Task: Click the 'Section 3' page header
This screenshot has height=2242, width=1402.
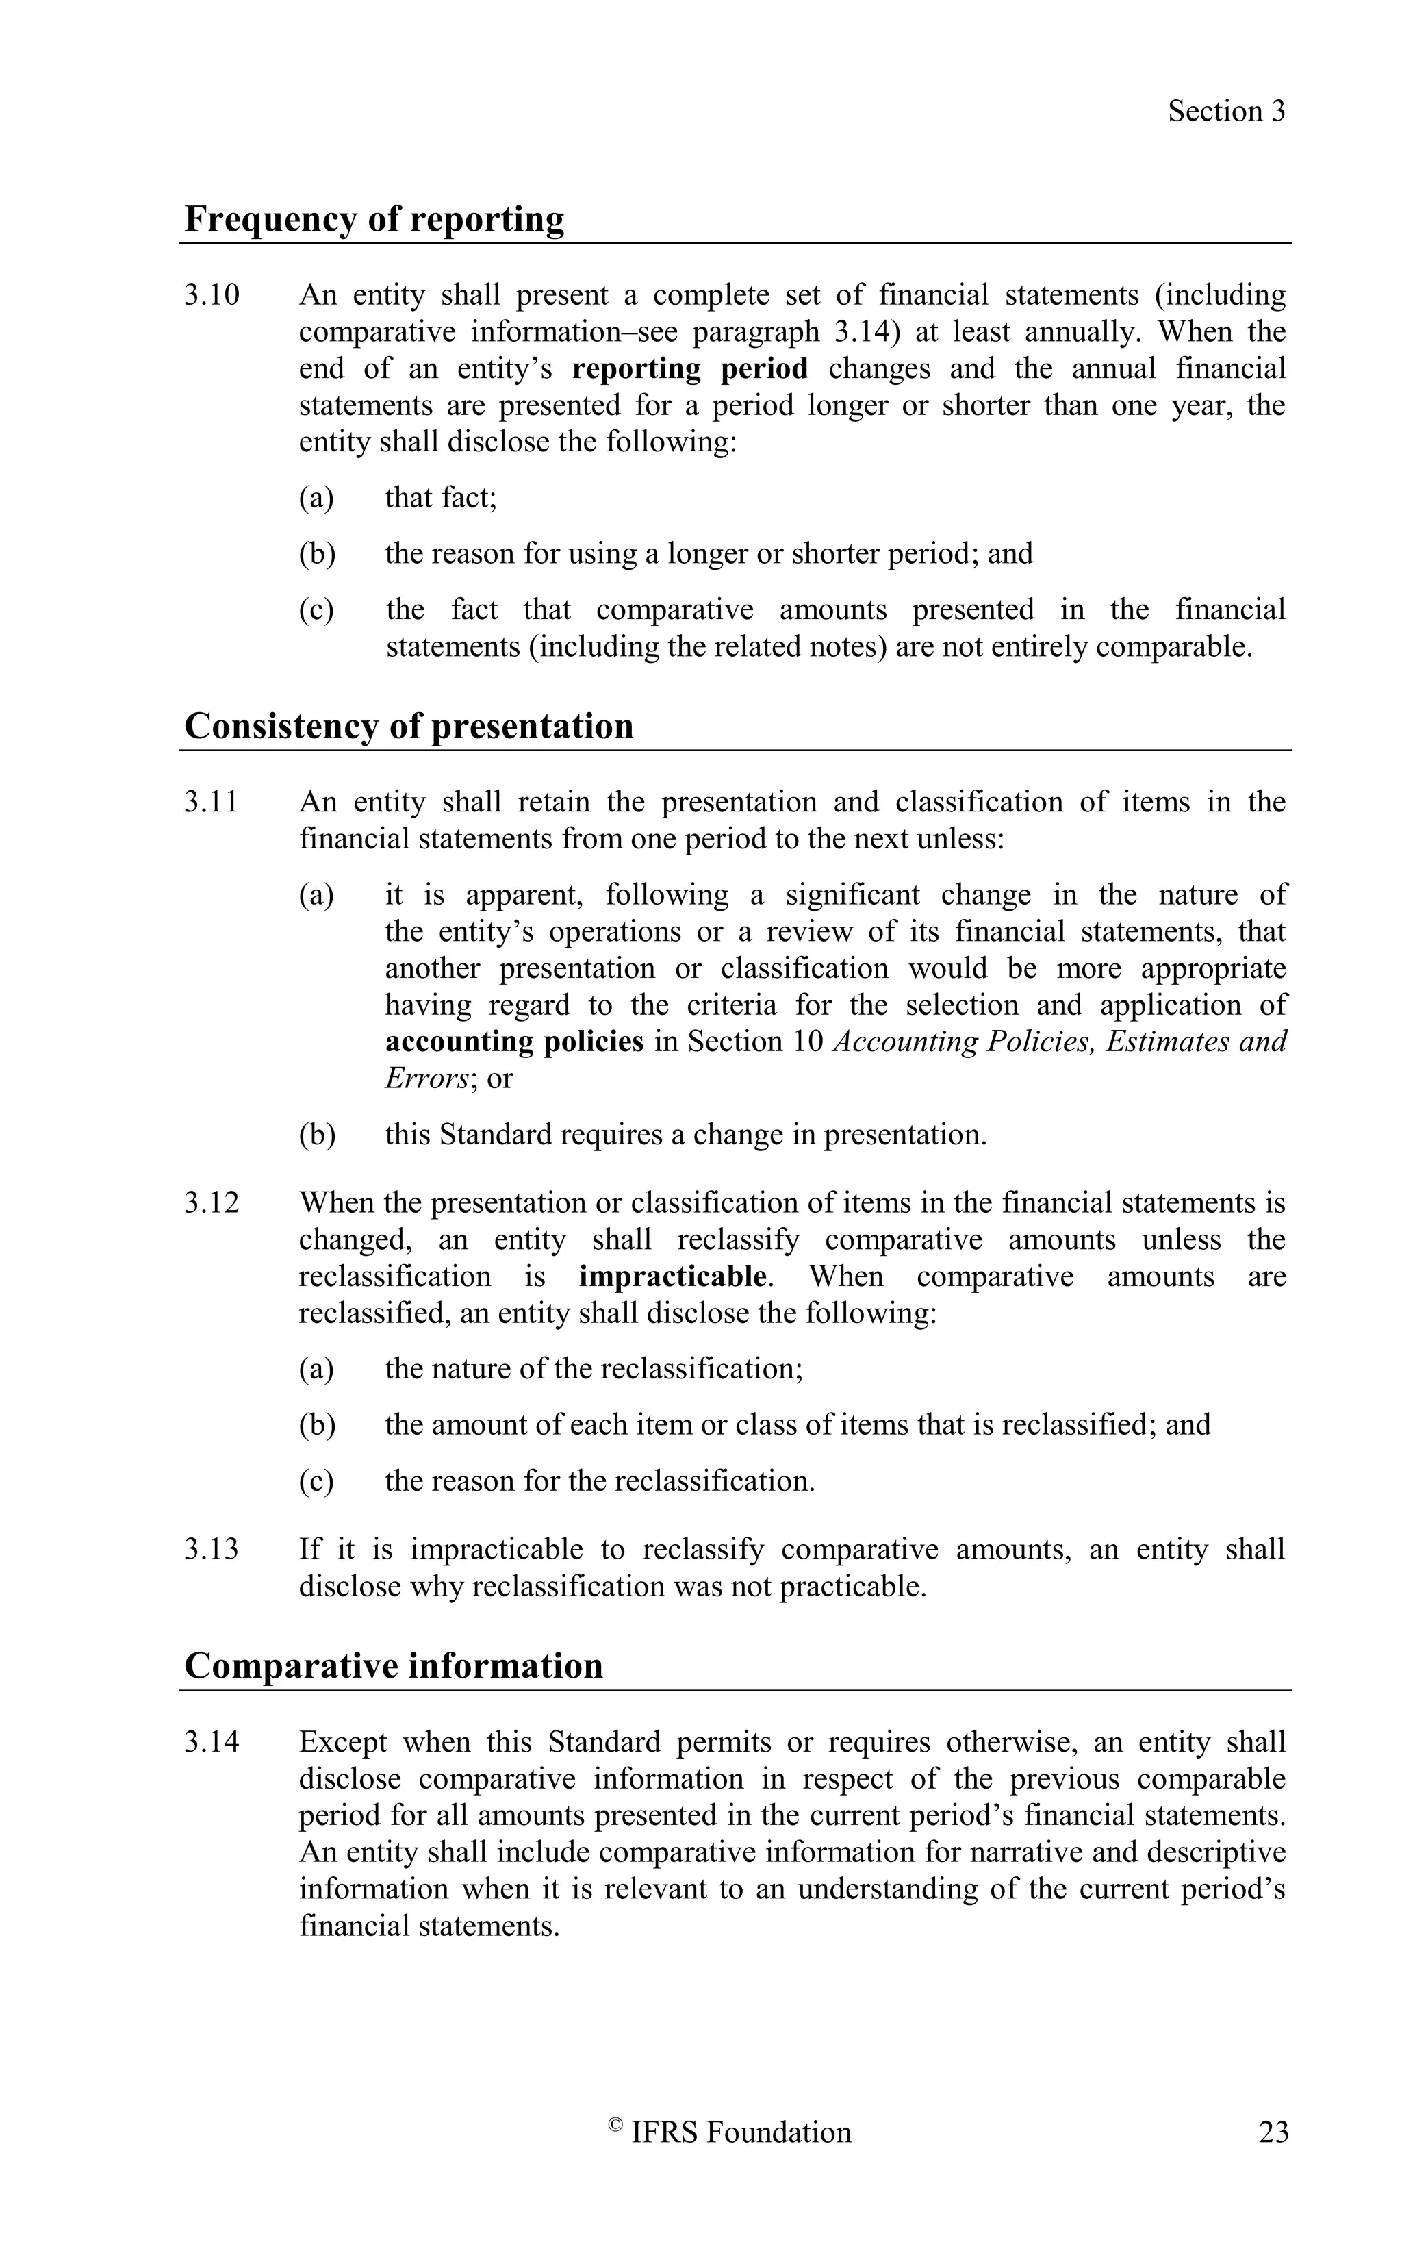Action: coord(1226,112)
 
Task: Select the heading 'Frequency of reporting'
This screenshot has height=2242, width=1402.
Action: coord(374,220)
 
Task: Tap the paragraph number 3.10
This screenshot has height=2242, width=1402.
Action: coord(212,295)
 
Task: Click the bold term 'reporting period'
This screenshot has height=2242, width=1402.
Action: coord(690,368)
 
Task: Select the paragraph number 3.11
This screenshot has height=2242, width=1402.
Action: coord(212,801)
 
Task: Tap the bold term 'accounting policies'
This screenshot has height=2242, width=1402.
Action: coord(513,1042)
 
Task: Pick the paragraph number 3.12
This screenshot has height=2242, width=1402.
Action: coord(212,1203)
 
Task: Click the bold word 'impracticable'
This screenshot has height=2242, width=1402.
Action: coord(672,1276)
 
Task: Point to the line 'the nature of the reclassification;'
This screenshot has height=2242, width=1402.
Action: coord(594,1369)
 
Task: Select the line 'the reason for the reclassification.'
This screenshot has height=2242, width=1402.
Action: coord(600,1481)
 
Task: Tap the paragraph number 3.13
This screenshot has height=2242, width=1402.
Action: coord(212,1549)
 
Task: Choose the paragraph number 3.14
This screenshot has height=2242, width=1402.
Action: coord(212,1742)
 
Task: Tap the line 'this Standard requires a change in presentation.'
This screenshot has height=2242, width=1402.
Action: coord(686,1135)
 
